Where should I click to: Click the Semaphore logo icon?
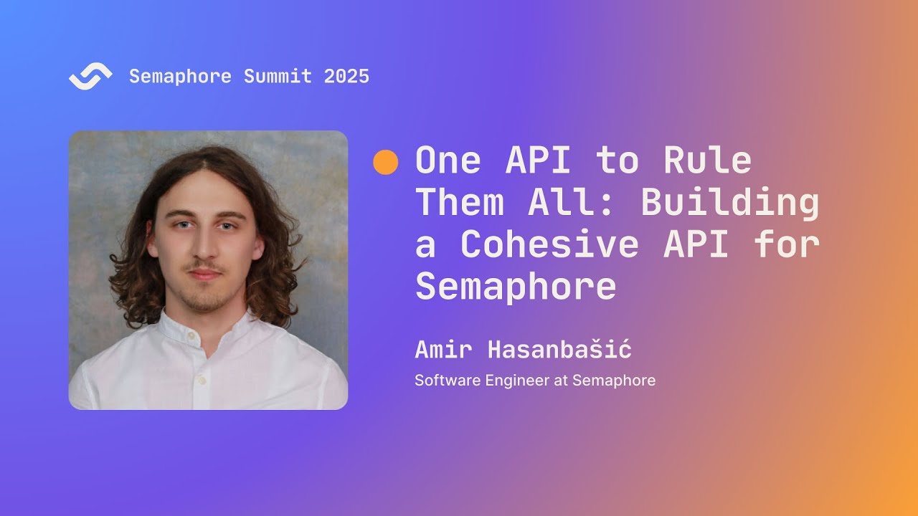[90, 76]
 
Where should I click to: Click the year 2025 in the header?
[346, 77]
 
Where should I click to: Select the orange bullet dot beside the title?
[385, 162]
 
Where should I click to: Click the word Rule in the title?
[707, 161]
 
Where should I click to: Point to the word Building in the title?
[729, 203]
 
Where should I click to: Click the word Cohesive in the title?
[549, 244]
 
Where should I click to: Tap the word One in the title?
[448, 161]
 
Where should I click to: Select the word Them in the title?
[460, 203]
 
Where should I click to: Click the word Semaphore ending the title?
[516, 287]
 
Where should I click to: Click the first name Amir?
[443, 350]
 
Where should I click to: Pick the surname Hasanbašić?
[559, 350]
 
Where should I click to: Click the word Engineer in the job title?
[516, 381]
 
